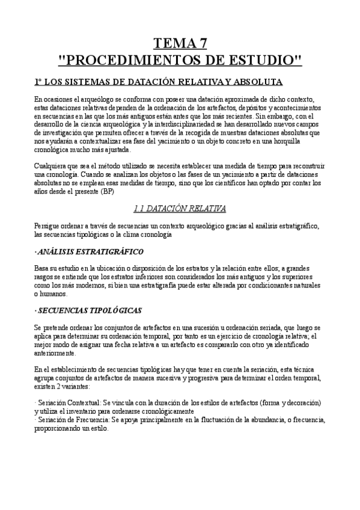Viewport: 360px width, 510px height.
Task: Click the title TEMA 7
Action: tap(180, 43)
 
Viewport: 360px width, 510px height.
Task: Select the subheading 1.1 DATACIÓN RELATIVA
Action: tap(180, 209)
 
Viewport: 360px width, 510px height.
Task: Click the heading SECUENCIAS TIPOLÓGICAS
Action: tap(88, 310)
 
